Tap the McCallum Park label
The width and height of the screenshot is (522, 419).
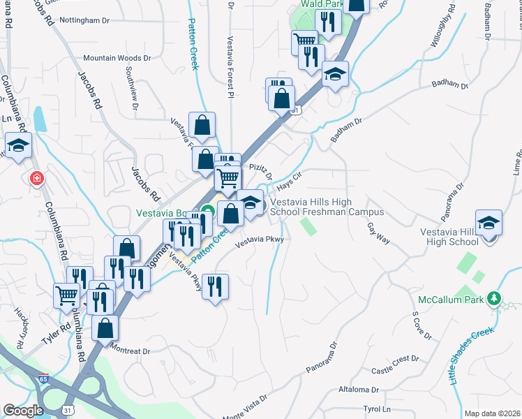point(450,300)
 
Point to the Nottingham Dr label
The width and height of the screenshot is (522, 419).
point(85,20)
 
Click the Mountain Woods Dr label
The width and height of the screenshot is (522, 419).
point(117,59)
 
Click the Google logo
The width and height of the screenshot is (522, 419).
point(23,411)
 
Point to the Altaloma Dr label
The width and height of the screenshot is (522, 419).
point(358,390)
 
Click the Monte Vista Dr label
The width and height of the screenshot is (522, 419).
point(244,406)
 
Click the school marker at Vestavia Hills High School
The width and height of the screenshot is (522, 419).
point(489,223)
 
